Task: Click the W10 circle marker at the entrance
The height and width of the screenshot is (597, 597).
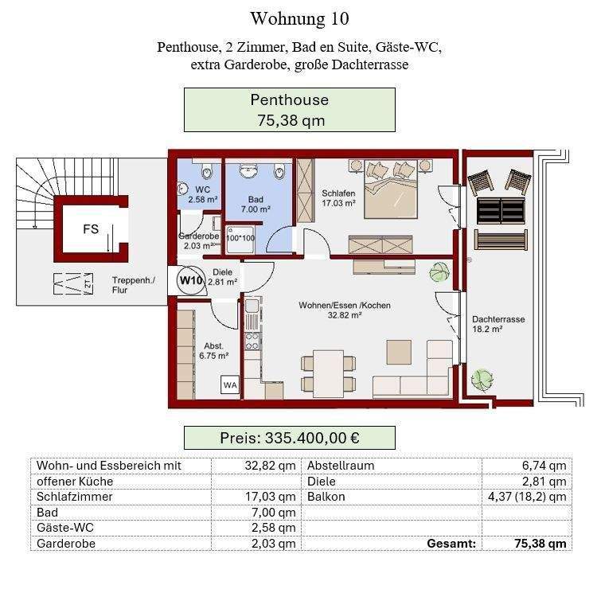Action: (x=190, y=280)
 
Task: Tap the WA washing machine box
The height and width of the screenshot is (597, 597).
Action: (x=230, y=385)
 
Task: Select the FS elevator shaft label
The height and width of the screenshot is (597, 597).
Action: (x=91, y=228)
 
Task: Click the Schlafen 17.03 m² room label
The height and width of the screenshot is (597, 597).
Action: (x=338, y=198)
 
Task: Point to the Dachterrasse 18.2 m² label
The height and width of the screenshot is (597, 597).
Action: (x=498, y=324)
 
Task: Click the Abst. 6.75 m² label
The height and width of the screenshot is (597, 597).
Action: (x=213, y=351)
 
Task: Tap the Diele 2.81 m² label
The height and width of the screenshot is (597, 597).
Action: (x=222, y=277)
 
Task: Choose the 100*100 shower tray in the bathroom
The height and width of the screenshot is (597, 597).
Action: (x=240, y=239)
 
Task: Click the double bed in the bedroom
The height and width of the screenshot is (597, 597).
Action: (x=391, y=189)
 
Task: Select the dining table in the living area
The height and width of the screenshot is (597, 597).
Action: (x=328, y=374)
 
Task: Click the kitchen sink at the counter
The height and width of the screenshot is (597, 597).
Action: (x=252, y=306)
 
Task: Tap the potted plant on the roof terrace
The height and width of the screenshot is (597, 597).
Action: (x=482, y=378)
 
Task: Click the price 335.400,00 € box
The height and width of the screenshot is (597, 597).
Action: (x=290, y=438)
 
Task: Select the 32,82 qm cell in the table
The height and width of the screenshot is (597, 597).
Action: (x=270, y=466)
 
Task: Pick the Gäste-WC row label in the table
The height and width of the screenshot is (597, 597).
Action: (x=65, y=528)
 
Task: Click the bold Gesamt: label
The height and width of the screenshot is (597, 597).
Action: (x=451, y=544)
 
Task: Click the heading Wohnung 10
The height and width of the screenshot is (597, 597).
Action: (x=299, y=18)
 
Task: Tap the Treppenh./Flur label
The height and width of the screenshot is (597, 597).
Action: (x=133, y=285)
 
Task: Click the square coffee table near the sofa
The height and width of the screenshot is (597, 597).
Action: (x=399, y=352)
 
